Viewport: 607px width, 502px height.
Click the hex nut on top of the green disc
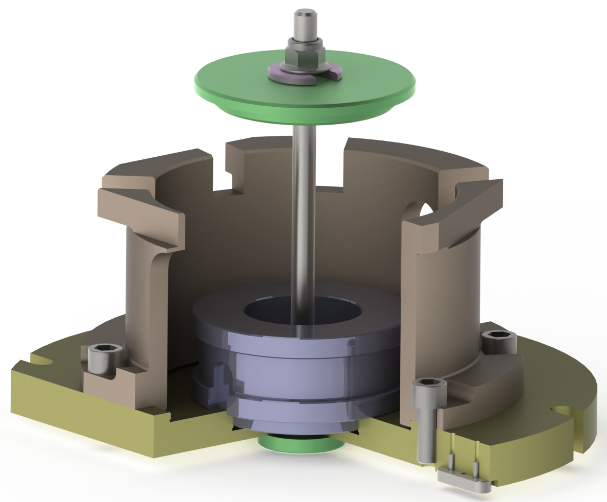click(304, 56)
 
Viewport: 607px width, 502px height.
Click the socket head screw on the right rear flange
click(499, 342)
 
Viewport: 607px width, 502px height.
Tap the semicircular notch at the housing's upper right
click(425, 209)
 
